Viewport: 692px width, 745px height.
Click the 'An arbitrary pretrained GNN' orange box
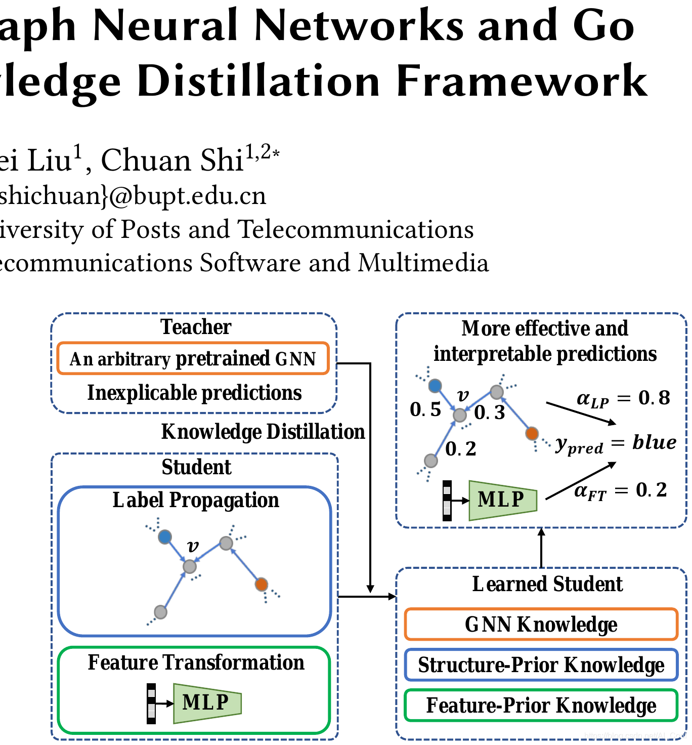(x=193, y=358)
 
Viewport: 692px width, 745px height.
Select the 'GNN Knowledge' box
(x=541, y=624)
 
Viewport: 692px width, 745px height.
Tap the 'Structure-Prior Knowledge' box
(x=541, y=665)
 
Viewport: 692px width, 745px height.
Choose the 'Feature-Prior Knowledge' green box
(x=541, y=705)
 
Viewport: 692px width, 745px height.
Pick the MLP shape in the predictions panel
(x=502, y=500)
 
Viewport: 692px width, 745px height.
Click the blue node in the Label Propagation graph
(x=165, y=537)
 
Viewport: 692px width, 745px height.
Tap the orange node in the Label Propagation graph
(x=261, y=585)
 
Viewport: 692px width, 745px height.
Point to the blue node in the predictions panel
(x=435, y=386)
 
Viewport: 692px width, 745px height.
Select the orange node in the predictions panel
(x=532, y=434)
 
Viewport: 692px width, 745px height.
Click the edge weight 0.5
(x=425, y=409)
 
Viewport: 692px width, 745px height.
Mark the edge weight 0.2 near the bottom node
(x=461, y=449)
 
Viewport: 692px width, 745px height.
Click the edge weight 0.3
(x=490, y=412)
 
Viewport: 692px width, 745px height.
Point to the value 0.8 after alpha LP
(x=655, y=398)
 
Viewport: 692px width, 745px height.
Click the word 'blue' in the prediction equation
(x=655, y=442)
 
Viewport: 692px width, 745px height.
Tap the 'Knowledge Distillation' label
(x=263, y=432)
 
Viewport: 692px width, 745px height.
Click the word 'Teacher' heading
(x=196, y=327)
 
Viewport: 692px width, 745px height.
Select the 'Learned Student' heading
(x=547, y=584)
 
